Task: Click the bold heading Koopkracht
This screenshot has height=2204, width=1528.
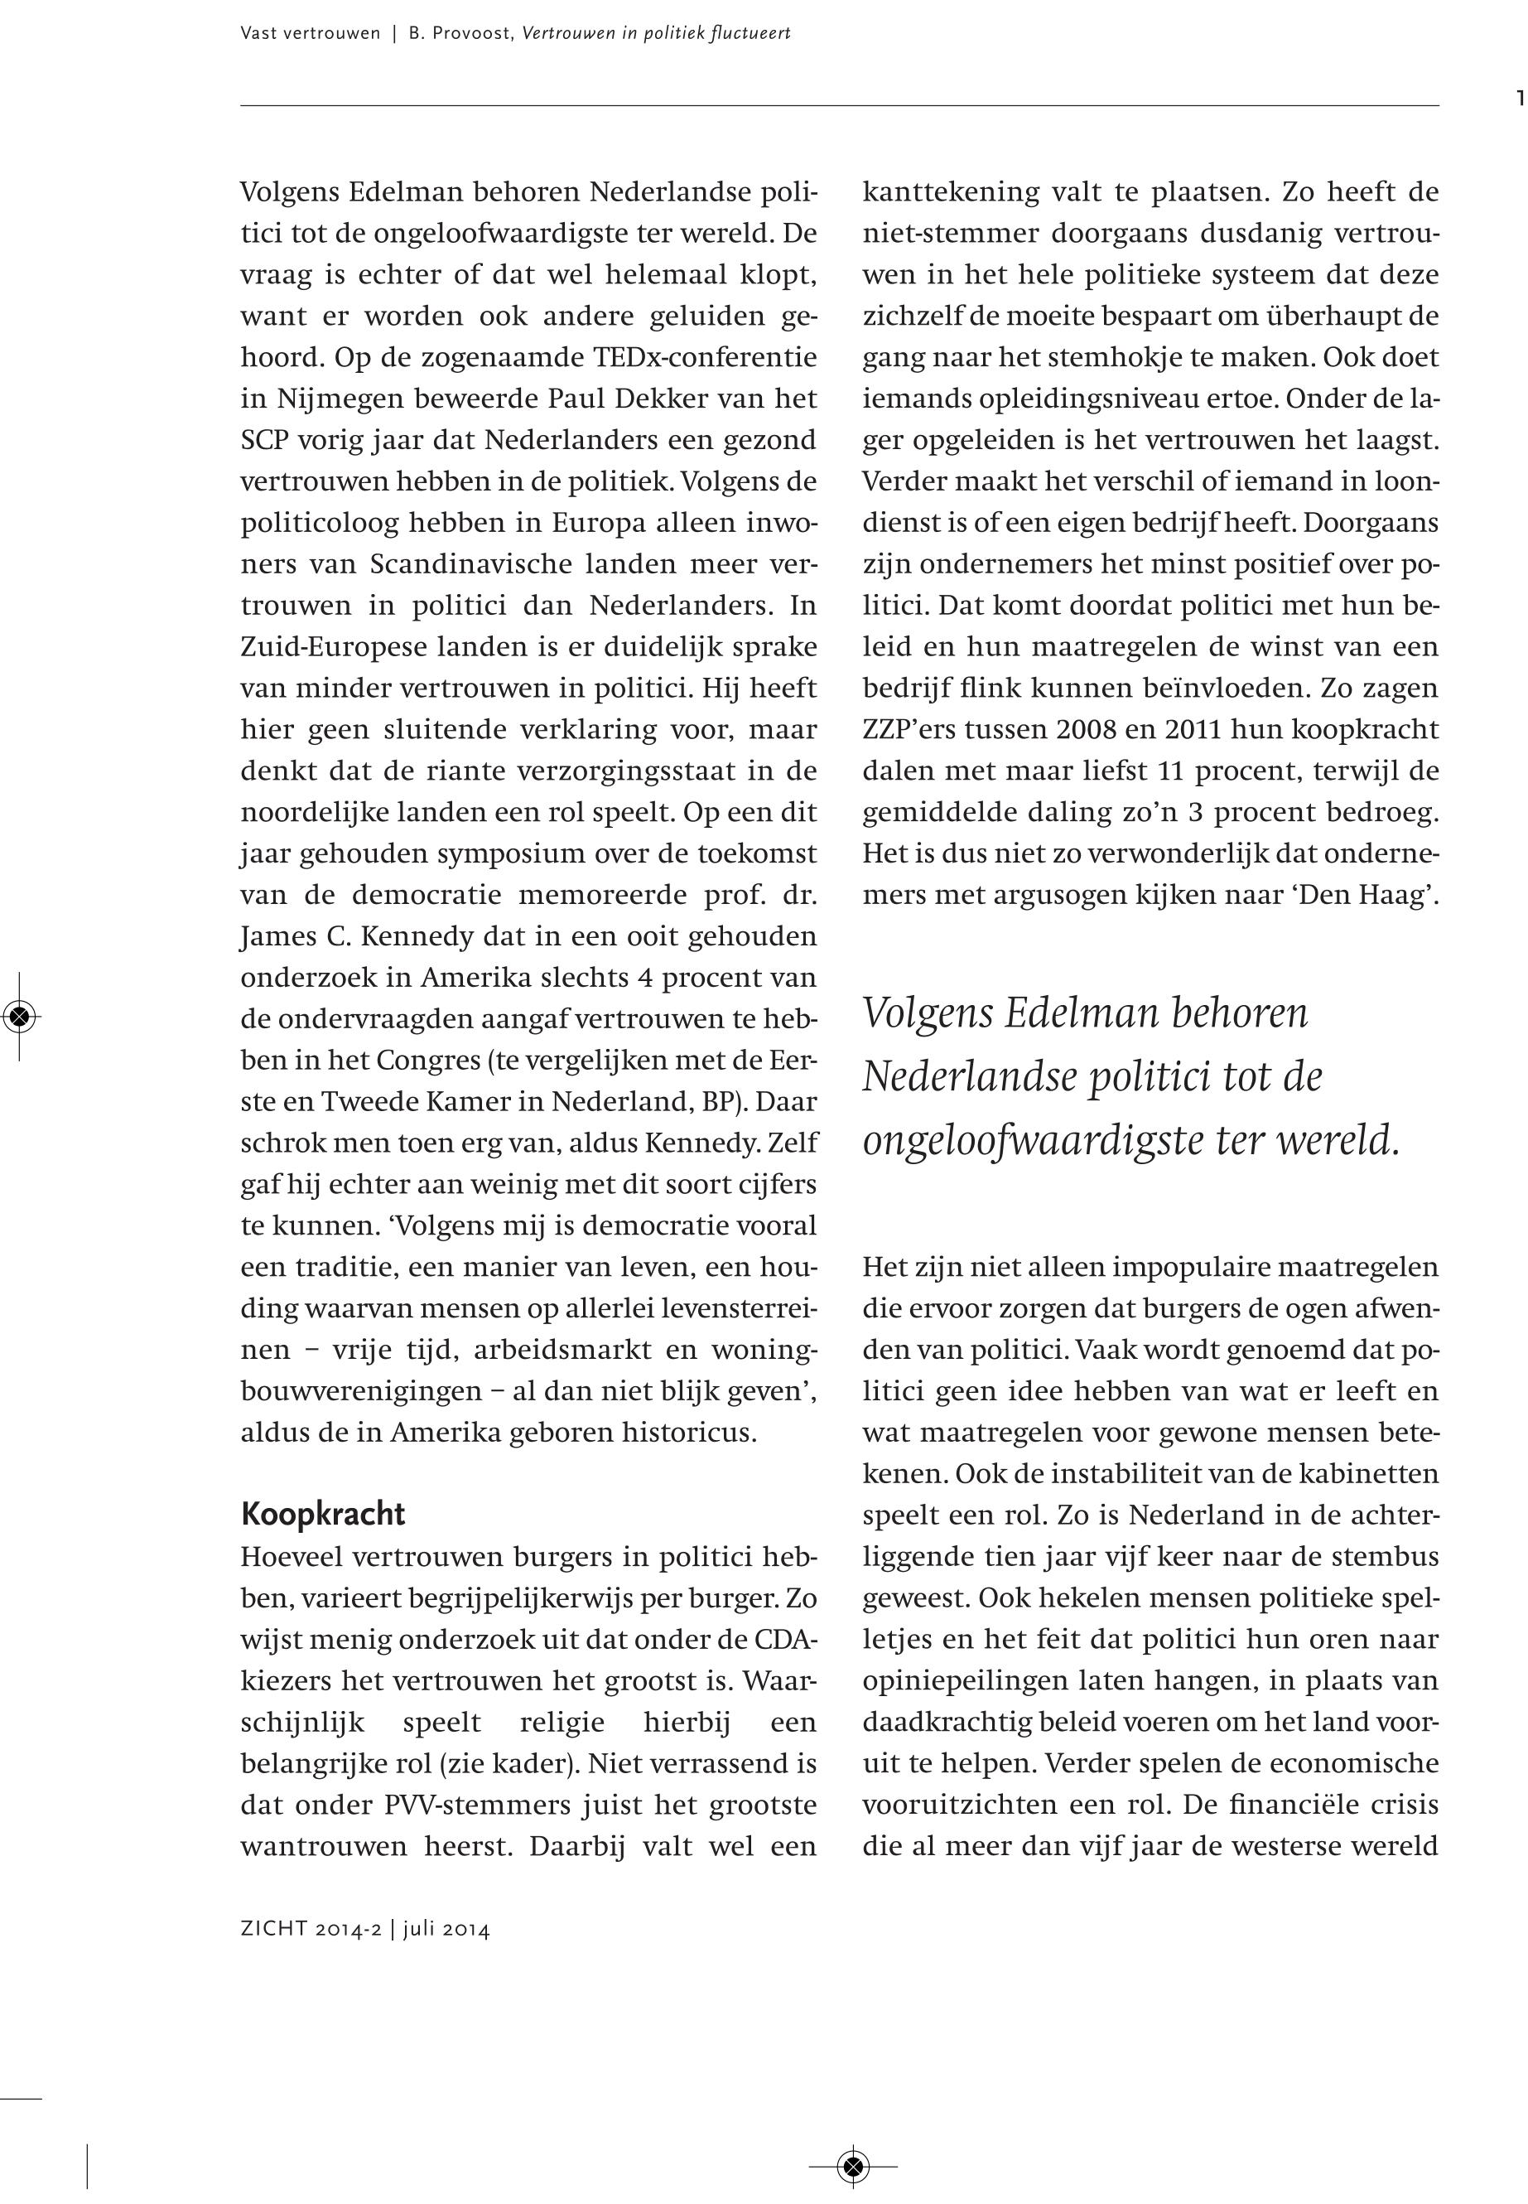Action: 323,1515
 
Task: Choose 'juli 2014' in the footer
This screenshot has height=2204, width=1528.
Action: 446,1929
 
